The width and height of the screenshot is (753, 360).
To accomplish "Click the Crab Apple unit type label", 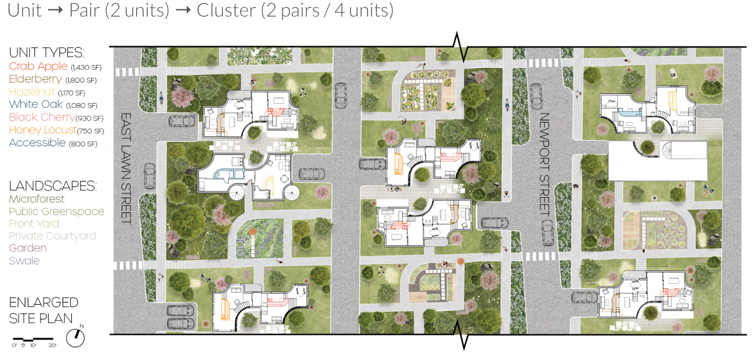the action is pyautogui.click(x=38, y=66).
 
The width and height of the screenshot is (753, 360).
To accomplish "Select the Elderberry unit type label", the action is pyautogui.click(x=35, y=79).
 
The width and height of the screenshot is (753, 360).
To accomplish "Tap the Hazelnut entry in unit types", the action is pyautogui.click(x=32, y=92).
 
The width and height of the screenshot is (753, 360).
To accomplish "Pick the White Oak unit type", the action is pyautogui.click(x=36, y=104).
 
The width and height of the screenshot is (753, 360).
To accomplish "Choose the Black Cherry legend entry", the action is pyautogui.click(x=42, y=117).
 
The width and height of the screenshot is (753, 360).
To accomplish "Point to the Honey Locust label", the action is pyautogui.click(x=43, y=130).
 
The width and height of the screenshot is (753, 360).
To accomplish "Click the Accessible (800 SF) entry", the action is pyautogui.click(x=37, y=143).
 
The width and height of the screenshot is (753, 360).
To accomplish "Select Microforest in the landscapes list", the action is pyautogui.click(x=37, y=199).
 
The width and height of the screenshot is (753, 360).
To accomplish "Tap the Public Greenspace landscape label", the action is pyautogui.click(x=56, y=211).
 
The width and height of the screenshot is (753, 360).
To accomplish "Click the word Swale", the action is pyautogui.click(x=24, y=261).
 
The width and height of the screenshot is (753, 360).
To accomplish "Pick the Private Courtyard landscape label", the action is pyautogui.click(x=52, y=236).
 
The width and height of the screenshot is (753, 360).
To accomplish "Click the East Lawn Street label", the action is pyautogui.click(x=126, y=168).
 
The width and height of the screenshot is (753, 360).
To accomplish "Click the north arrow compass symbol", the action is pyautogui.click(x=76, y=337).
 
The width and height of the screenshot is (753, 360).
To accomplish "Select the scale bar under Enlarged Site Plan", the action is pyautogui.click(x=33, y=340).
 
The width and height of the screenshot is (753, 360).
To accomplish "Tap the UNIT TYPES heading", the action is pyautogui.click(x=46, y=53).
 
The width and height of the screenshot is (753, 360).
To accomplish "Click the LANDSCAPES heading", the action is pyautogui.click(x=53, y=186).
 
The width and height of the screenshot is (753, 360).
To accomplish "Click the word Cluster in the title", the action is pyautogui.click(x=226, y=10).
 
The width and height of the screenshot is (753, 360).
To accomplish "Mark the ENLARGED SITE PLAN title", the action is pyautogui.click(x=43, y=310).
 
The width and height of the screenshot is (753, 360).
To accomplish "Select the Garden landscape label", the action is pyautogui.click(x=28, y=248).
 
